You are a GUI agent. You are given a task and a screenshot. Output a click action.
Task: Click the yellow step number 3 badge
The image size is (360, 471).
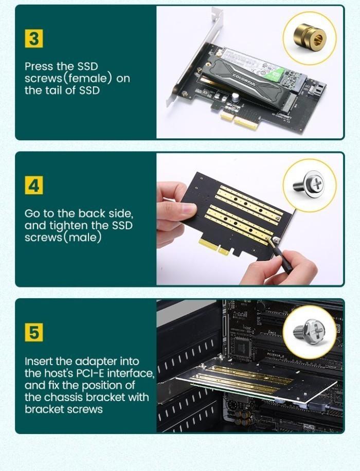tap(34, 39)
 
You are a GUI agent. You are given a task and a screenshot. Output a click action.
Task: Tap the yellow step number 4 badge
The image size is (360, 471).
tap(34, 186)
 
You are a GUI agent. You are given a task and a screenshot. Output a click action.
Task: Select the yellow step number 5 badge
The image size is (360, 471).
tap(34, 332)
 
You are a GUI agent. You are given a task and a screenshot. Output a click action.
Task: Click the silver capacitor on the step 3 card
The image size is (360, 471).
tap(235, 97)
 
